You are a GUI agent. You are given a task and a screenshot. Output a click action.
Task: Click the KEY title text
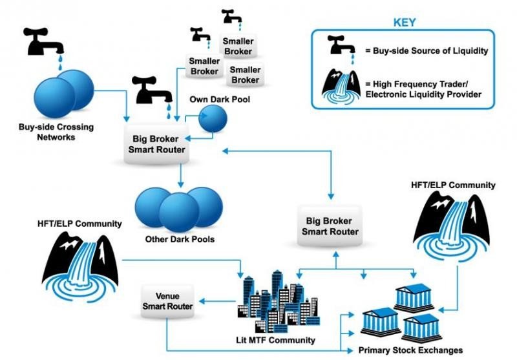(x=405, y=22)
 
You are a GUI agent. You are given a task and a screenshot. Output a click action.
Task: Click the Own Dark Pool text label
(x=219, y=100)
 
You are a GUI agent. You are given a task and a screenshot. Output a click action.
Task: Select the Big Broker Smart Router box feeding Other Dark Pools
(x=158, y=143)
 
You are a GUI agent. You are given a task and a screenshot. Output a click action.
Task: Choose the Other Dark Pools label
(x=171, y=240)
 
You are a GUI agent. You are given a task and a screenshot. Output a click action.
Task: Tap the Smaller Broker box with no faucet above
(x=245, y=75)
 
